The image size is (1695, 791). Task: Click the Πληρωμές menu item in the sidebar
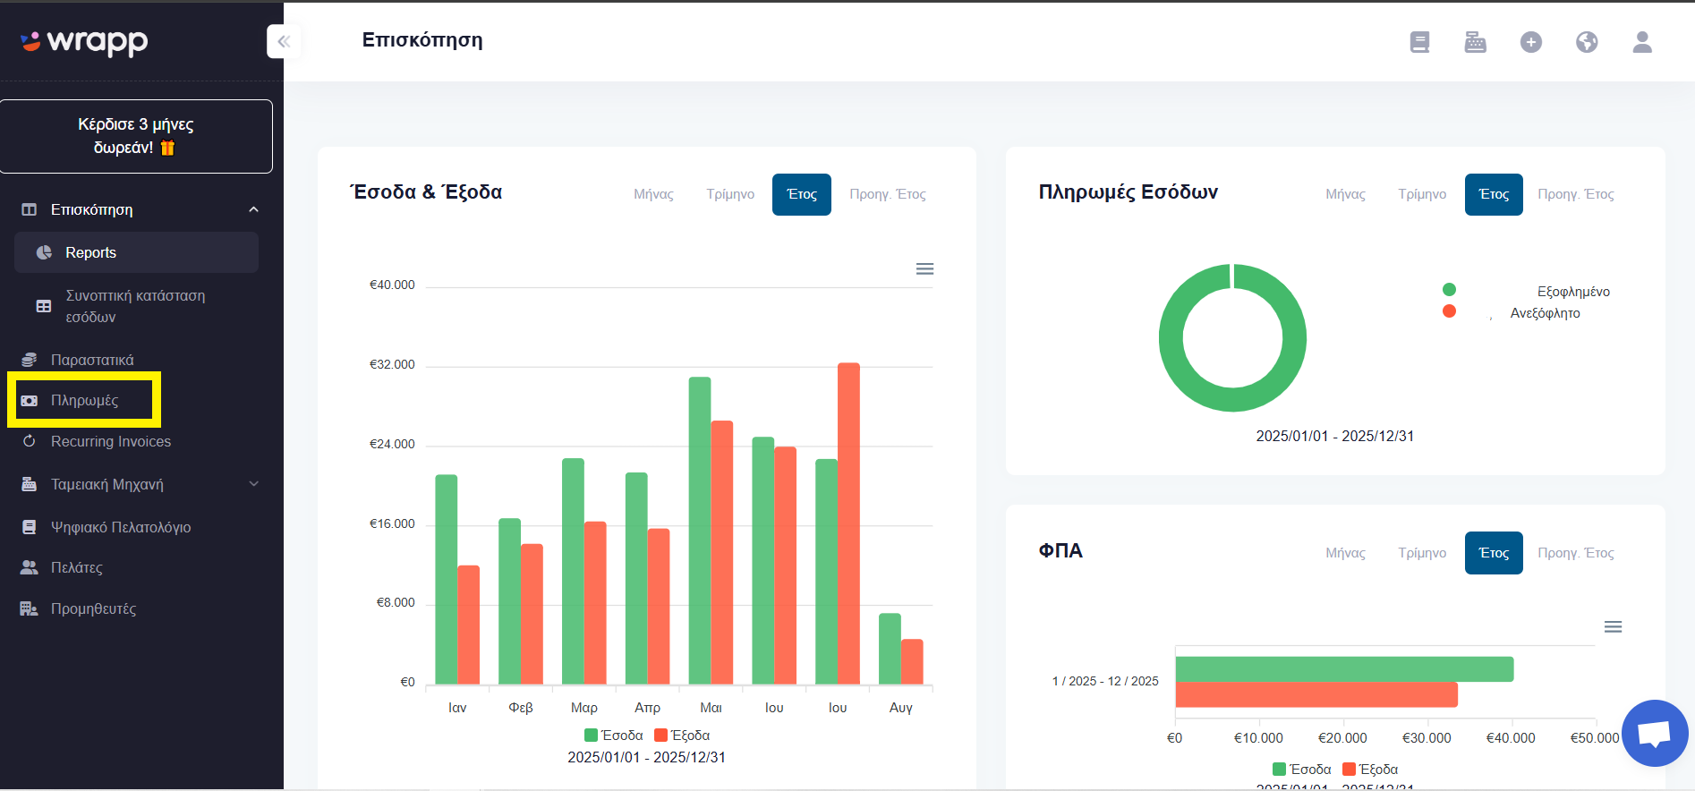tap(84, 400)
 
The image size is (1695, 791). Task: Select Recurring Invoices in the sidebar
tap(110, 441)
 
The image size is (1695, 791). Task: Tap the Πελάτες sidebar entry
tap(76, 567)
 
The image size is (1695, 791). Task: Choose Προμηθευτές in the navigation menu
tap(93, 608)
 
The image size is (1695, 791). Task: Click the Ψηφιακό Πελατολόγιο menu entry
tap(120, 527)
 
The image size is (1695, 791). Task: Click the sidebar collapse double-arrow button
tap(284, 41)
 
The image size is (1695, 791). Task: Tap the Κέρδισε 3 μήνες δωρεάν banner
tap(136, 136)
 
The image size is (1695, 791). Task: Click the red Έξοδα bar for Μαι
tap(721, 553)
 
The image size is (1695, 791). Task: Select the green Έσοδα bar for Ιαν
tap(447, 580)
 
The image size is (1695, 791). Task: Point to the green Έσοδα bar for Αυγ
tap(890, 650)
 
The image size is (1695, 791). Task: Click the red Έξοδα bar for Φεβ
tap(532, 615)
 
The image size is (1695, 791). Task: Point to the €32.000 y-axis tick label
tap(392, 364)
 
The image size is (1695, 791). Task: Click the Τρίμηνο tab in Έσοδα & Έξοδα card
tap(730, 194)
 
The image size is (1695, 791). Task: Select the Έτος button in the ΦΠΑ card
tap(1494, 553)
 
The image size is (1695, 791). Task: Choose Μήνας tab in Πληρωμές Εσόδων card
tap(1345, 194)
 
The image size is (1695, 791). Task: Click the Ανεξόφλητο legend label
tap(1545, 313)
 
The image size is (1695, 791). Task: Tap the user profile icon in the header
tap(1642, 42)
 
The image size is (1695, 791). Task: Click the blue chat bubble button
tap(1655, 733)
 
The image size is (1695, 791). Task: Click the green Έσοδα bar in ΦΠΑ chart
tap(1344, 669)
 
